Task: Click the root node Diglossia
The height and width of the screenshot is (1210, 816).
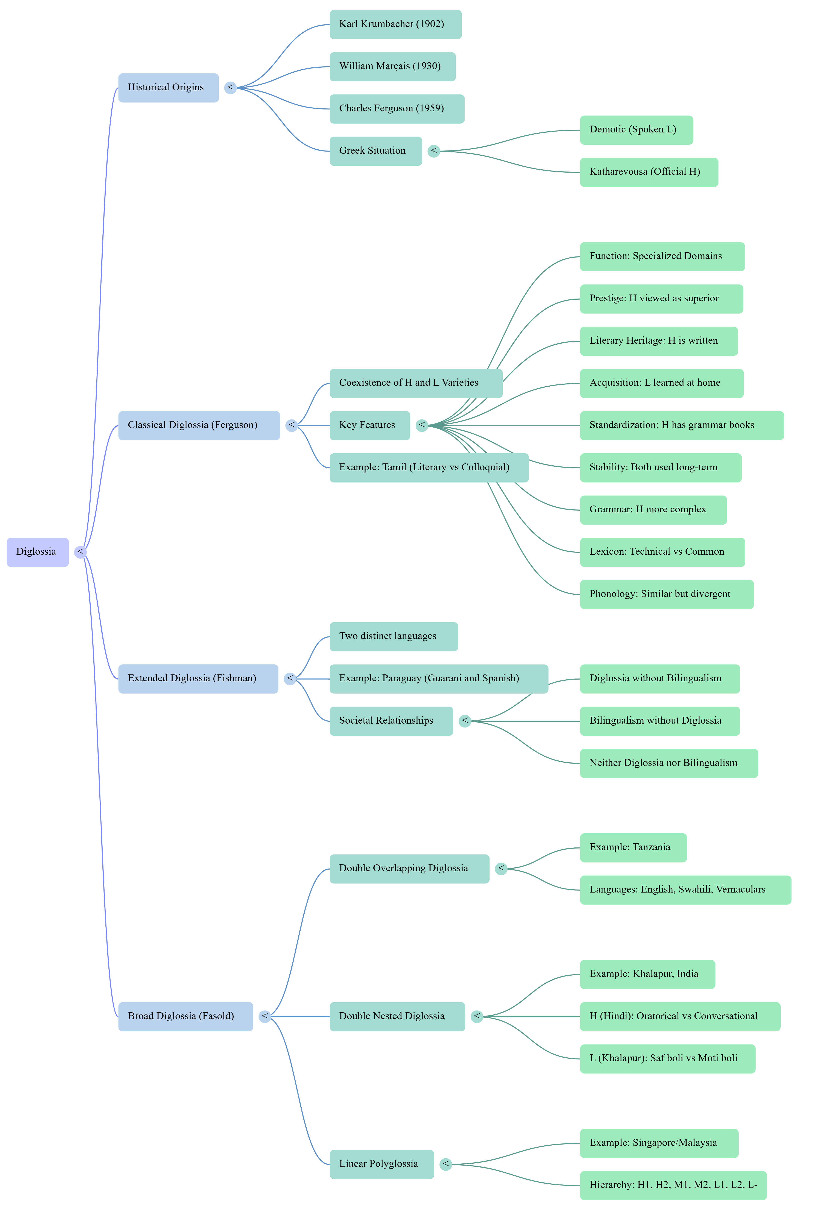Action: (x=38, y=552)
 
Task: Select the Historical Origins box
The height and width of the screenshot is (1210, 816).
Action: (x=169, y=87)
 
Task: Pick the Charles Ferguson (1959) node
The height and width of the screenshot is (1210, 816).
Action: (x=397, y=109)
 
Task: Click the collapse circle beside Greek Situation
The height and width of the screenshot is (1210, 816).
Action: (x=433, y=151)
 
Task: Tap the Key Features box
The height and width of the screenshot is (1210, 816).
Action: (x=370, y=425)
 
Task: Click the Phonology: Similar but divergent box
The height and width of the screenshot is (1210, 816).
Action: (x=667, y=594)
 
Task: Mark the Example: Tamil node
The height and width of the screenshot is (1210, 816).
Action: (x=429, y=468)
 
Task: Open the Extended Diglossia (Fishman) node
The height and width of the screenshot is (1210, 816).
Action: (x=198, y=679)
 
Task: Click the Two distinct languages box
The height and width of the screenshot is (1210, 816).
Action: (x=394, y=637)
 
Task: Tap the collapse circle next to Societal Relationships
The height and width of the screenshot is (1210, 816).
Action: (x=465, y=721)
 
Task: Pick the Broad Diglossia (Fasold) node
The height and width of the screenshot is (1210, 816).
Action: (x=186, y=1016)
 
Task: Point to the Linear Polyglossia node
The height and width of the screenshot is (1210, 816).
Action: (x=382, y=1164)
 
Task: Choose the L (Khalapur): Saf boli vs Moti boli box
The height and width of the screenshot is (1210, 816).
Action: (x=668, y=1059)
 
